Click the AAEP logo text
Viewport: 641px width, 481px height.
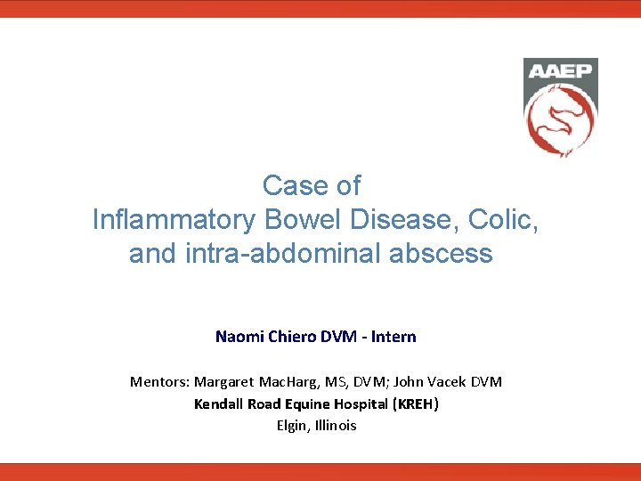click(x=560, y=71)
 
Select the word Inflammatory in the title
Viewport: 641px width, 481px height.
click(x=172, y=220)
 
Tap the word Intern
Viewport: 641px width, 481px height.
click(x=394, y=337)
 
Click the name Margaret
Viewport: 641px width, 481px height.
click(x=223, y=381)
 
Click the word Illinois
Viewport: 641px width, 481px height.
click(x=337, y=425)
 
